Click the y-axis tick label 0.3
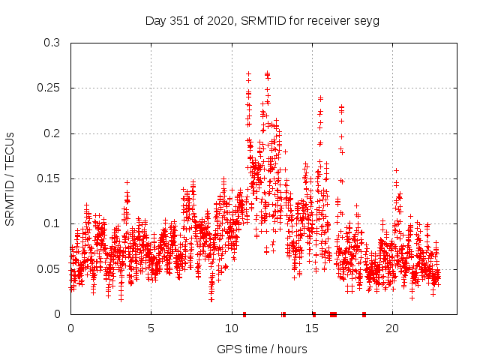pyautogui.click(x=52, y=43)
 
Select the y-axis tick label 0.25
pyautogui.click(x=49, y=88)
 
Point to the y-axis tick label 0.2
pyautogui.click(x=52, y=133)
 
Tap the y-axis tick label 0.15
pyautogui.click(x=49, y=178)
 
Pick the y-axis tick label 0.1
pyautogui.click(x=52, y=223)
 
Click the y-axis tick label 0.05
pyautogui.click(x=49, y=268)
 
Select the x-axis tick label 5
pyautogui.click(x=151, y=328)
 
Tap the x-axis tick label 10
pyautogui.click(x=231, y=328)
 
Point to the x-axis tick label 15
pyautogui.click(x=311, y=328)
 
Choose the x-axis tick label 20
pyautogui.click(x=391, y=328)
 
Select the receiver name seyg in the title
pyautogui.click(x=367, y=21)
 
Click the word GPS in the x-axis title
pyautogui.click(x=227, y=349)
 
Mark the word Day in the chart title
pyautogui.click(x=155, y=21)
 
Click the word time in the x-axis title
pyautogui.click(x=253, y=349)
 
